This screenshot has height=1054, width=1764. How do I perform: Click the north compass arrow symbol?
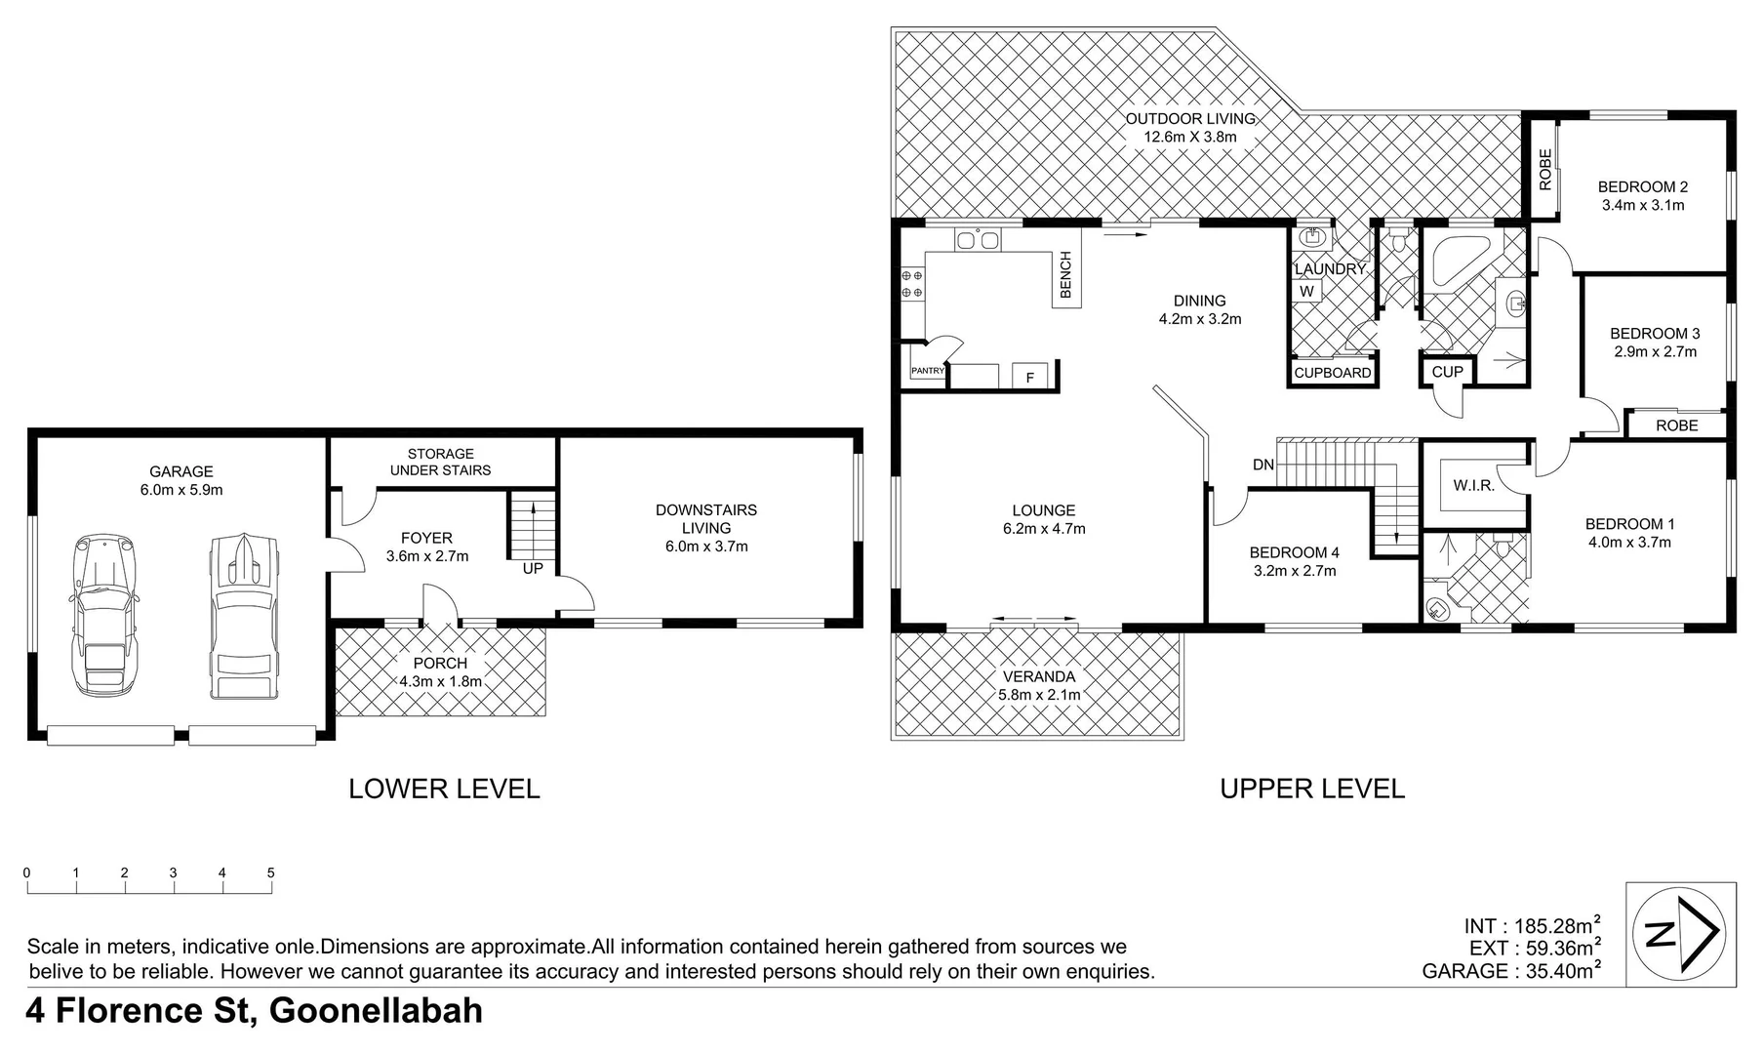(1680, 934)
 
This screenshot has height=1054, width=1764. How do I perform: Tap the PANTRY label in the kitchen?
(927, 371)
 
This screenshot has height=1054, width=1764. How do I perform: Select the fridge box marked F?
(1029, 378)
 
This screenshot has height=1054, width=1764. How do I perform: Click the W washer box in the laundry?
(1306, 291)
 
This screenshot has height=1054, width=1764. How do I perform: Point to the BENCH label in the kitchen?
(1065, 275)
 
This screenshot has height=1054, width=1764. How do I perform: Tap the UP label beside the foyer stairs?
(533, 568)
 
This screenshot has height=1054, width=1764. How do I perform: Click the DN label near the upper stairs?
(1263, 465)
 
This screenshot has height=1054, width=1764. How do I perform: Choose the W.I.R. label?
(1473, 485)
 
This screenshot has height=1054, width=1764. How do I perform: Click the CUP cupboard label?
(1447, 372)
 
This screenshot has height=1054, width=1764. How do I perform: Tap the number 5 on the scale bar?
(271, 873)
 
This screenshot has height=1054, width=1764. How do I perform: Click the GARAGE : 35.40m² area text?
(1509, 971)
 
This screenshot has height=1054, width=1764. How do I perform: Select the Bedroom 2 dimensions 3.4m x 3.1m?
(1642, 205)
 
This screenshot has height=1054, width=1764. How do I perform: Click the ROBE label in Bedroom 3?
(1676, 426)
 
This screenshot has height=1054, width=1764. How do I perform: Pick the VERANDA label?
(1039, 676)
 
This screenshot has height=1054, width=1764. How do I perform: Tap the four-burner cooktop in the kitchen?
(911, 284)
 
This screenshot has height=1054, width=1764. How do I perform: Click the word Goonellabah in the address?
(376, 1010)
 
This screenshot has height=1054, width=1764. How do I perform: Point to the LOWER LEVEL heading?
(444, 789)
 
